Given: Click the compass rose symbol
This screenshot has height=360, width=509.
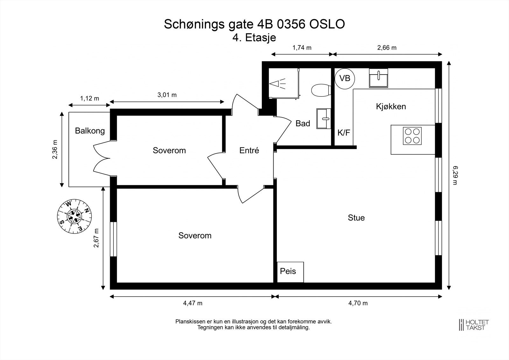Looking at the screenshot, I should pos(74,216).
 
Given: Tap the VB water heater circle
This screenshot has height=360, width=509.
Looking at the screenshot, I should pos(345,78).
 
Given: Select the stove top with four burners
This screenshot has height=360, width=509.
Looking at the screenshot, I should pos(412,136).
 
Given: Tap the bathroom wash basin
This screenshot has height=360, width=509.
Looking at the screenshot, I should pos(324,119).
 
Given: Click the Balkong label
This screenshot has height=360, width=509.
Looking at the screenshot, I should pos(90,131).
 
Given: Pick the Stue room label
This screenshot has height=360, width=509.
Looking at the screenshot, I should pos(356,218).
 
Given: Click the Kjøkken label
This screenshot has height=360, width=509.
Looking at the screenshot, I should pos(391,107).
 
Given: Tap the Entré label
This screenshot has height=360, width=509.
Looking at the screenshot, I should pos(249,151).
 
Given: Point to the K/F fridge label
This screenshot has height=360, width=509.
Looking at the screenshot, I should pos(344,133).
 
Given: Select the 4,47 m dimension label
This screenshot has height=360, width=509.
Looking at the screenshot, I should pos(192,303).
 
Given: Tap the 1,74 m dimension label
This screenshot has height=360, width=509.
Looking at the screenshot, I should pos(302,48).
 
